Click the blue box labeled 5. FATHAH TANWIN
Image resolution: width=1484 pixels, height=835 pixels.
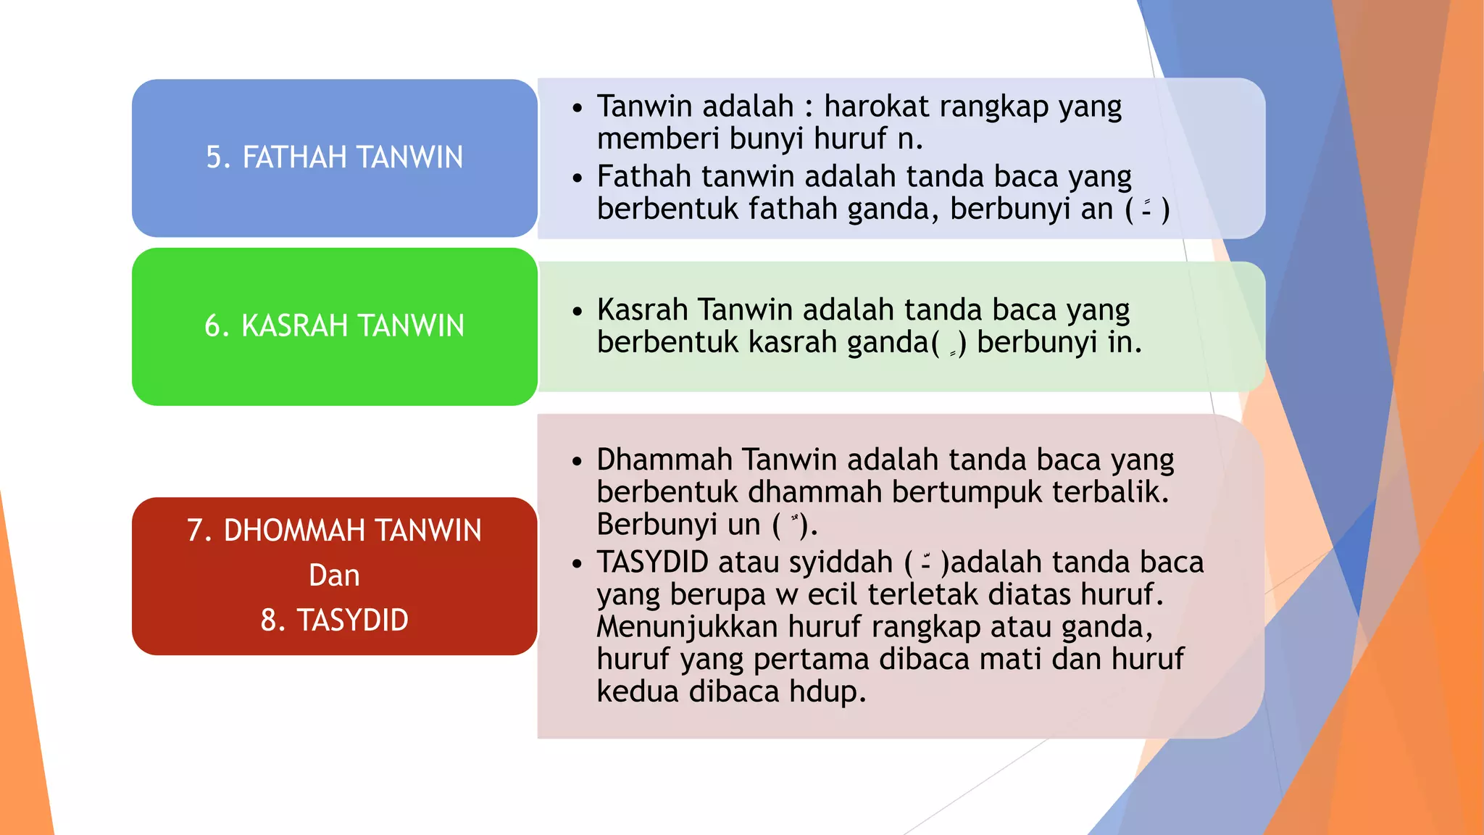pyautogui.click(x=334, y=158)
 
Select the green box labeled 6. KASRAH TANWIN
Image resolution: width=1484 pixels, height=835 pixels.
pyautogui.click(x=334, y=326)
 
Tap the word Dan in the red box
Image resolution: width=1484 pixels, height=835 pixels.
pyautogui.click(x=334, y=576)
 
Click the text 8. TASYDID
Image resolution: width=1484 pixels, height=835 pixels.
pyautogui.click(x=334, y=620)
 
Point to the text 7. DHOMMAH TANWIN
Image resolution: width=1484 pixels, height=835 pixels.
pyautogui.click(x=334, y=531)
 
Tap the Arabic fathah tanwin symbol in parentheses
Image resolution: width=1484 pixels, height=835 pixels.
pyautogui.click(x=1146, y=209)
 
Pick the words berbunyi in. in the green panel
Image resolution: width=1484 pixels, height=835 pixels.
pyautogui.click(x=1059, y=342)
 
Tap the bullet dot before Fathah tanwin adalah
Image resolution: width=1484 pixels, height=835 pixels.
pyautogui.click(x=577, y=178)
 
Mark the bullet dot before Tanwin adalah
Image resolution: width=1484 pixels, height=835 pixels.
pyautogui.click(x=577, y=108)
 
